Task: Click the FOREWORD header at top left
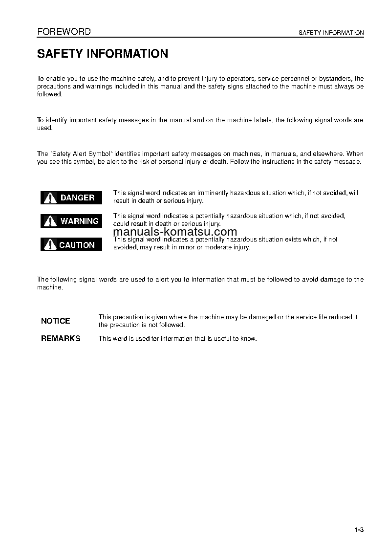click(x=64, y=32)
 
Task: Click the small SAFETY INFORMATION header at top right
click(x=331, y=33)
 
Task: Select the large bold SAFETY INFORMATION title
click(x=103, y=54)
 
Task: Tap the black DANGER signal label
click(x=71, y=198)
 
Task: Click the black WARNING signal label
click(x=71, y=221)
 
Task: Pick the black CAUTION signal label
click(x=71, y=244)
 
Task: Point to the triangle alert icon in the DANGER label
click(x=50, y=198)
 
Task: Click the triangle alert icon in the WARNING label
click(x=50, y=221)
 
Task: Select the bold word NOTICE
click(x=56, y=321)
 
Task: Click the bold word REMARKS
click(x=61, y=338)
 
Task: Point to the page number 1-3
click(x=359, y=530)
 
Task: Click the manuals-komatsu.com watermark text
click(x=175, y=232)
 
